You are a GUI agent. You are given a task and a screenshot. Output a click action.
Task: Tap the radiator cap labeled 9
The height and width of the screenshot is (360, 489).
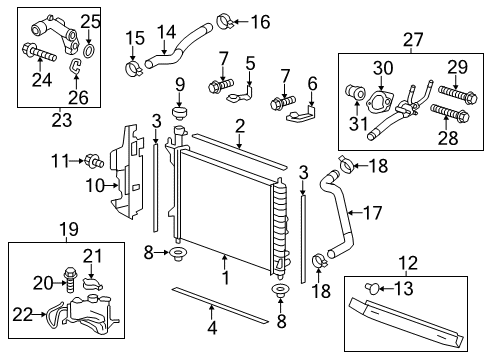click(x=182, y=111)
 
